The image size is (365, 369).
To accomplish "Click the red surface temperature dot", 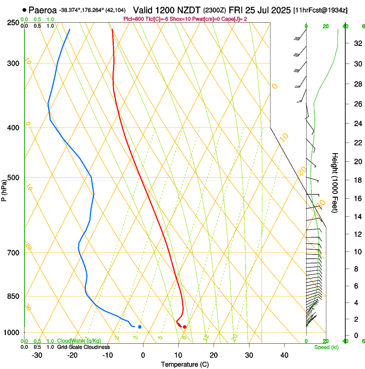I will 185,327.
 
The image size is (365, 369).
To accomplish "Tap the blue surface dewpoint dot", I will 140,327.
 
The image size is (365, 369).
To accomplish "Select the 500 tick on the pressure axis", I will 13,178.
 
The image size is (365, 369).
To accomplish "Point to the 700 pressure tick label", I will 13,253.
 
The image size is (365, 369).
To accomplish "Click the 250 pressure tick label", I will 13,22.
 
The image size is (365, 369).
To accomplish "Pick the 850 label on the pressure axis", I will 13,296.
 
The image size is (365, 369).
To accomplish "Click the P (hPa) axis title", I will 4,189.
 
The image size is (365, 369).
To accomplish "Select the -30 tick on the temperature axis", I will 37,355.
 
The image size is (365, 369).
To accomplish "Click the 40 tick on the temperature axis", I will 284,355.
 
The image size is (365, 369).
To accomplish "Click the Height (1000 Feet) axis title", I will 335,182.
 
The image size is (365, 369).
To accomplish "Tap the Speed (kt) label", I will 326,347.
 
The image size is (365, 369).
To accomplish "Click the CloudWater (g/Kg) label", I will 79,341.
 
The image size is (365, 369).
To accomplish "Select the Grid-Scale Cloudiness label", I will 83,347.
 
